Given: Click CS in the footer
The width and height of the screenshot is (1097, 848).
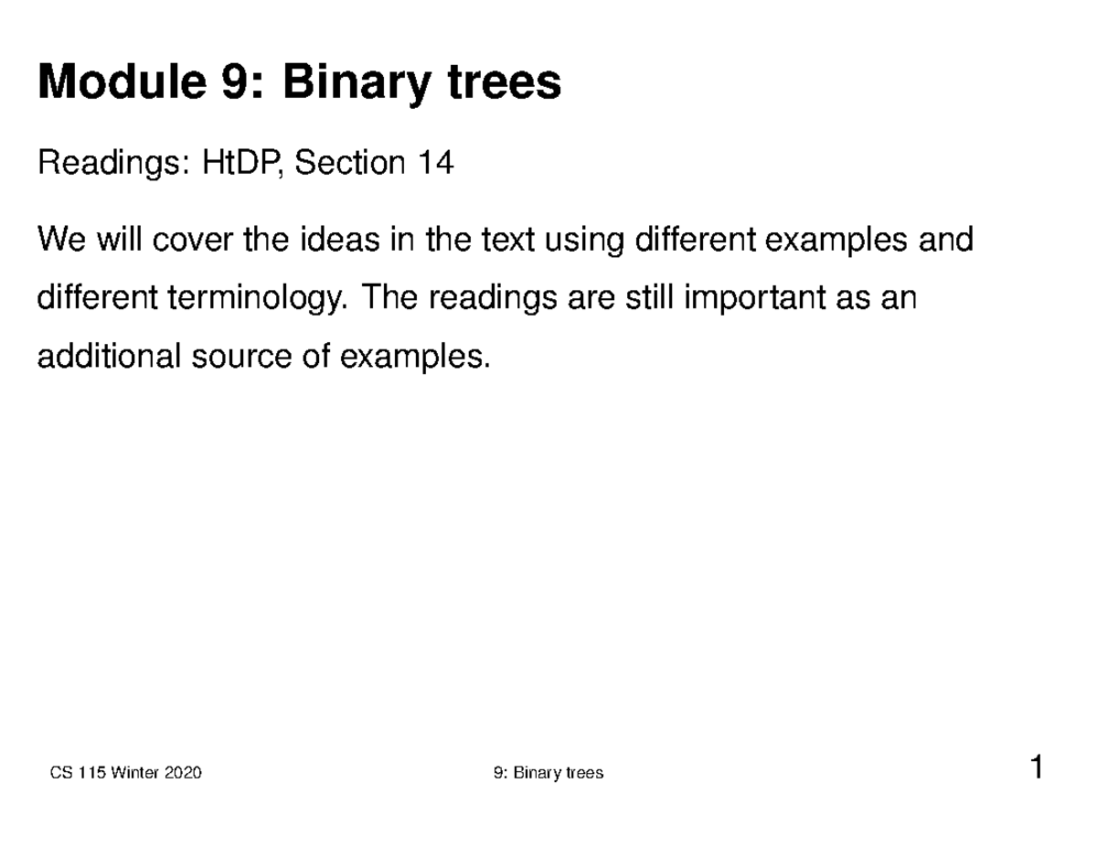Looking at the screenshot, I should [x=60, y=773].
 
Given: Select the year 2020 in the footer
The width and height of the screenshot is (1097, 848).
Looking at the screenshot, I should [x=183, y=773].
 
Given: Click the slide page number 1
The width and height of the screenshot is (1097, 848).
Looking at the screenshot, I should [x=1036, y=767].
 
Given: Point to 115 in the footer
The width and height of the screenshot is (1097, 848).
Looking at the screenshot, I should [x=90, y=773].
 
